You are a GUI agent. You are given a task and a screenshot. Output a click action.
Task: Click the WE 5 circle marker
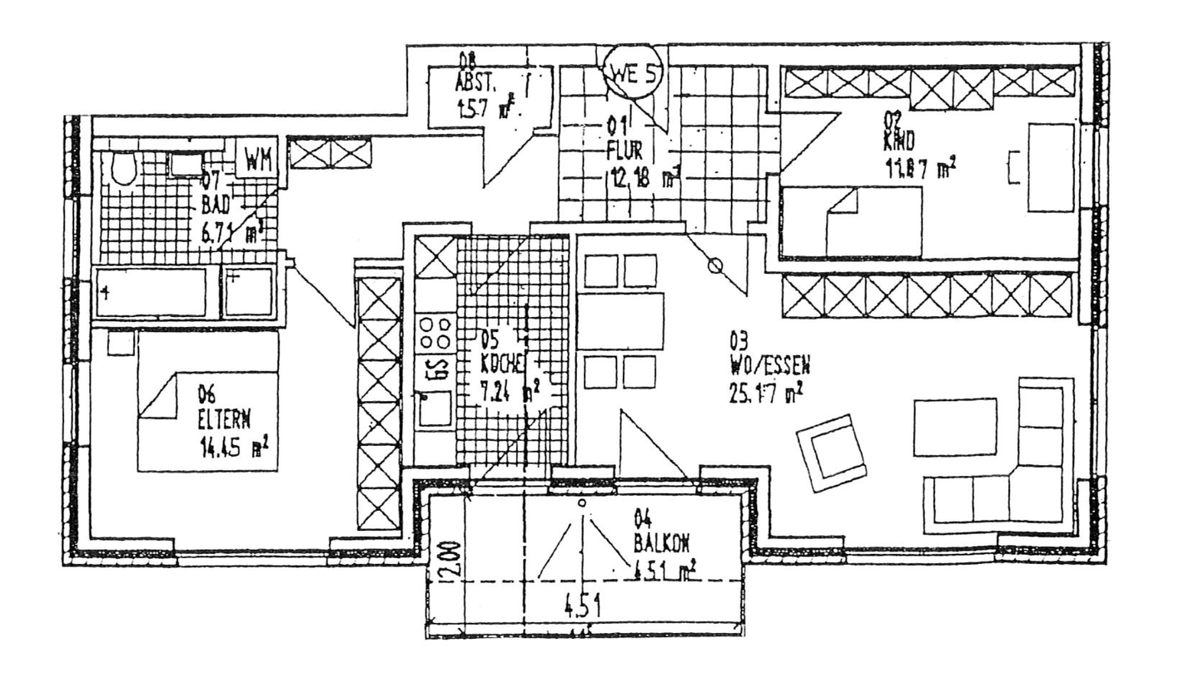634,72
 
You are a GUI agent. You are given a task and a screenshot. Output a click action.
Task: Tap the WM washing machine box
259,159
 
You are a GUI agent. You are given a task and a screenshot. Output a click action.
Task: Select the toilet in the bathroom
123,169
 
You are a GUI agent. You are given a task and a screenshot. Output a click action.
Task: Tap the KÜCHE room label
503,363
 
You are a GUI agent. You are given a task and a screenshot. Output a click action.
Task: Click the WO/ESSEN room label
770,364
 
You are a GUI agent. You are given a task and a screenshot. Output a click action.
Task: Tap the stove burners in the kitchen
435,332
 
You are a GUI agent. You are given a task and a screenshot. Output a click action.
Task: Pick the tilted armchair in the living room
830,453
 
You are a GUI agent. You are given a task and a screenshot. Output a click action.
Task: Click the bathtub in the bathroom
151,292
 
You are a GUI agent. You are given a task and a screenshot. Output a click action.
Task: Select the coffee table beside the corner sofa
954,427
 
